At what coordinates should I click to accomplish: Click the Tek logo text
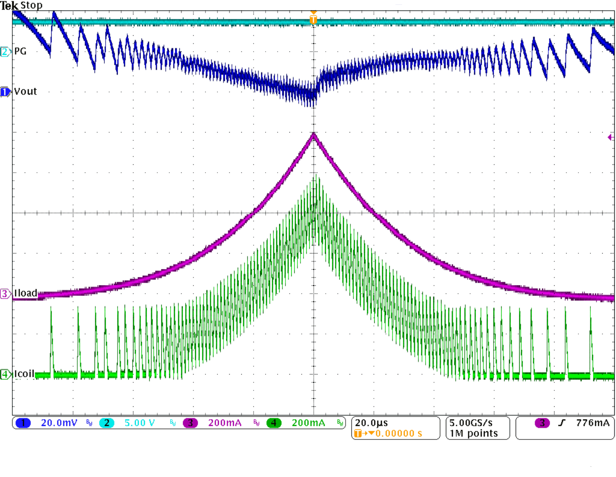(x=9, y=6)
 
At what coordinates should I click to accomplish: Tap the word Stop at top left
(x=31, y=5)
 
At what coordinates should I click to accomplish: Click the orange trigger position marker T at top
(x=313, y=19)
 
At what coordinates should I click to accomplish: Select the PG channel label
(x=20, y=51)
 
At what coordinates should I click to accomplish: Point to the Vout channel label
(x=26, y=91)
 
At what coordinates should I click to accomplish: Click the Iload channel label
(x=26, y=293)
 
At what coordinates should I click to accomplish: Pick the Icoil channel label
(x=24, y=374)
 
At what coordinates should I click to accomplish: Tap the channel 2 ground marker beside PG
(x=5, y=52)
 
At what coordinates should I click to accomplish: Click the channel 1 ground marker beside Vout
(x=5, y=92)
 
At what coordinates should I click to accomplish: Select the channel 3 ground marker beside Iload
(x=5, y=294)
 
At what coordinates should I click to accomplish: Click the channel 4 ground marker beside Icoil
(x=5, y=375)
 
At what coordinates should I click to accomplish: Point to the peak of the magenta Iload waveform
(x=314, y=134)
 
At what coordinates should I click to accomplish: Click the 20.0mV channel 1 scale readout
(x=59, y=423)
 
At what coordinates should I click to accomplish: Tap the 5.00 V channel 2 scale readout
(x=139, y=423)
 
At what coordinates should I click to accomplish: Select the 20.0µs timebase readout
(x=371, y=423)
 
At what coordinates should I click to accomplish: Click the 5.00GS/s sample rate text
(x=471, y=423)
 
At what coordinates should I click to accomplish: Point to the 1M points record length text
(x=474, y=434)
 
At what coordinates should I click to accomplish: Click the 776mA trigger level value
(x=593, y=423)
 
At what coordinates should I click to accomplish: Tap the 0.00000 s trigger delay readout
(x=399, y=434)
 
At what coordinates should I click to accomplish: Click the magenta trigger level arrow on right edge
(x=610, y=137)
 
